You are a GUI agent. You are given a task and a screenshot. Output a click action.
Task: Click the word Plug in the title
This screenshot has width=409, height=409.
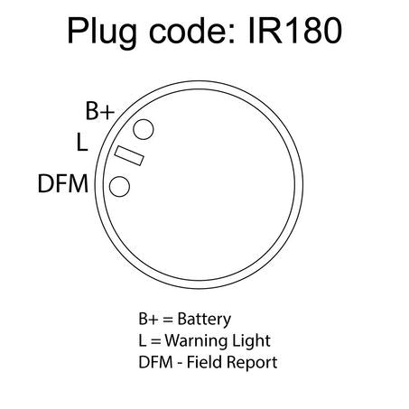click(x=102, y=33)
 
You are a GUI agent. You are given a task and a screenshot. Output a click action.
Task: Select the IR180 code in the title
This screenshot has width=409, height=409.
click(x=295, y=31)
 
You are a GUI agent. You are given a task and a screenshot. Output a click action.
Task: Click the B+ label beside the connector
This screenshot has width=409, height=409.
click(x=100, y=111)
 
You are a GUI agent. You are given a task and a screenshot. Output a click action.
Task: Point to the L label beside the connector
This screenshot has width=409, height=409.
click(x=82, y=143)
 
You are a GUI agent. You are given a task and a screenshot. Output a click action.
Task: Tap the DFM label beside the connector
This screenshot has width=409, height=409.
click(x=63, y=183)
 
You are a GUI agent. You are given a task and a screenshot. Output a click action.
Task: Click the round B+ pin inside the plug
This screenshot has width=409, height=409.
click(x=144, y=129)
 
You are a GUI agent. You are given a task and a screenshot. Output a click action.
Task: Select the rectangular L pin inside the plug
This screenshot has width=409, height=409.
click(x=129, y=155)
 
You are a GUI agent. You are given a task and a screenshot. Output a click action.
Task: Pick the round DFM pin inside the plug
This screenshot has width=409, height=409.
click(x=119, y=187)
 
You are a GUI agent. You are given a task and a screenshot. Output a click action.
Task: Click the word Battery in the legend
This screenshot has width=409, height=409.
click(x=204, y=320)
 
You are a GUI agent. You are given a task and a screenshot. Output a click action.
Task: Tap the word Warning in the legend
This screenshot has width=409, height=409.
click(x=192, y=340)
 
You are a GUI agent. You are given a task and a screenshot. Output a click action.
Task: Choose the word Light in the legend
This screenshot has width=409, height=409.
click(x=246, y=340)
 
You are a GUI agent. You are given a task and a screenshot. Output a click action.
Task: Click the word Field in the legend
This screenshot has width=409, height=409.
click(x=205, y=362)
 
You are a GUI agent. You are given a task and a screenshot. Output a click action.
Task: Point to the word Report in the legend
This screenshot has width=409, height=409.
click(x=252, y=362)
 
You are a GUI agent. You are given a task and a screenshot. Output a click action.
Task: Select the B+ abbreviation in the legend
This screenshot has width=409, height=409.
click(x=148, y=319)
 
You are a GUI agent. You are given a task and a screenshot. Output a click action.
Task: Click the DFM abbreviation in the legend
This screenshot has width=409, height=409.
click(x=156, y=362)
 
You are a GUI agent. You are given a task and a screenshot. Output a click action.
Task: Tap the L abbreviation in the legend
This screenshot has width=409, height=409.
click(x=143, y=340)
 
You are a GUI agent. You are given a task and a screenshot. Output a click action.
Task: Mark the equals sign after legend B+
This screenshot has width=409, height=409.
click(x=168, y=320)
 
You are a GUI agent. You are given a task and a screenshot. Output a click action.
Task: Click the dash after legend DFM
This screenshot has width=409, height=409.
click(x=180, y=364)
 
